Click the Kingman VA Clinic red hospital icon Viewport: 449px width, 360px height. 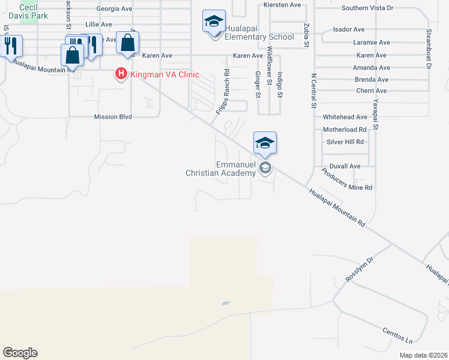point(121,74)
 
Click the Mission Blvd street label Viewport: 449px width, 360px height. point(113,117)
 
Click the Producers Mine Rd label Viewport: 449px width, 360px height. point(346,179)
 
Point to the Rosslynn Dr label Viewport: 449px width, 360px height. point(360,271)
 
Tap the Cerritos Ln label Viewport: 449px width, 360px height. point(397,335)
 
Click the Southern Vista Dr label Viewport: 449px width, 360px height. point(367,8)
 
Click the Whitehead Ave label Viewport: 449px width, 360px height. point(345,117)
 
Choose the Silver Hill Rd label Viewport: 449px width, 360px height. point(345,142)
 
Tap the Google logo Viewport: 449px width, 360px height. point(20,353)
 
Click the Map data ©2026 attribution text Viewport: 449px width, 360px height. point(423,355)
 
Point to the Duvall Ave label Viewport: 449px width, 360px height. point(345,166)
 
